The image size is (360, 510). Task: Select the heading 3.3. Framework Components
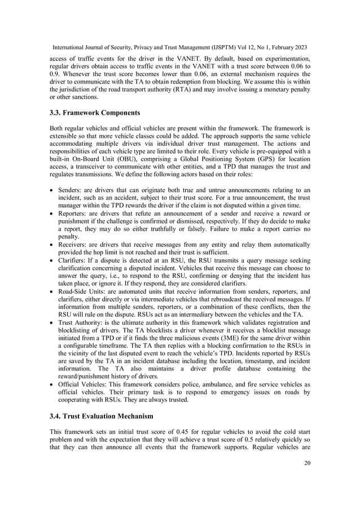98,112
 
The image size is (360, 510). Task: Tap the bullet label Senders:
72,199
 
